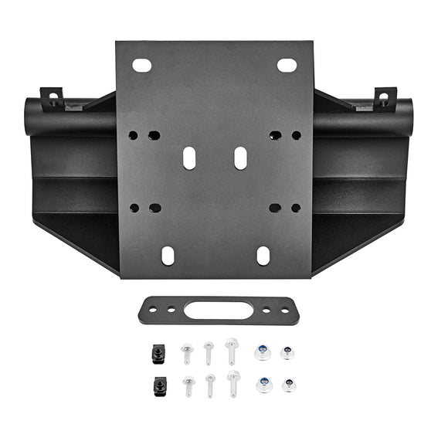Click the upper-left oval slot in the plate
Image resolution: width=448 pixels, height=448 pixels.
pos(142,66)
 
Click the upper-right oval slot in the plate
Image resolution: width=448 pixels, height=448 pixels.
pos(287,66)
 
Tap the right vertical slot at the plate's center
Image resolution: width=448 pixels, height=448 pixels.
pos(240,158)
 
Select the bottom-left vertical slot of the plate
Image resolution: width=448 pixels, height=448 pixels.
pos(168,255)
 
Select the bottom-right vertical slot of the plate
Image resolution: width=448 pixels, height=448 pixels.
pos(263,255)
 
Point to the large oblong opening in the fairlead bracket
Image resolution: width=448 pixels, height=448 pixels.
pos(219,311)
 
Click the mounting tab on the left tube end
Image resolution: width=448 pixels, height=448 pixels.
pos(52,99)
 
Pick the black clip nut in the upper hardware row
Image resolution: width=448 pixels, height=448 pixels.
pos(156,353)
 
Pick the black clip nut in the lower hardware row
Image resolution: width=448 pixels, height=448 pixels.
pos(160,384)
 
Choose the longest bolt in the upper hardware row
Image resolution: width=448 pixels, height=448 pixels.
pos(232,351)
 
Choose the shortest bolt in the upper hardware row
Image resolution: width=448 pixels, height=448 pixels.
pos(187,354)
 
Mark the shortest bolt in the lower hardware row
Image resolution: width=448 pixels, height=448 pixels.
pos(189,385)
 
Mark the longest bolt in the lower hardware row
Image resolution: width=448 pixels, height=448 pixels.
pos(233,383)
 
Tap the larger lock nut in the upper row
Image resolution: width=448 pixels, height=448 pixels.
pos(263,352)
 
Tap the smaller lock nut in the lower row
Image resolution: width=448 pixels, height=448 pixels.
pos(289,384)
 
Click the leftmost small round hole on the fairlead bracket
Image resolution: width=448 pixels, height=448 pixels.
pos(158,310)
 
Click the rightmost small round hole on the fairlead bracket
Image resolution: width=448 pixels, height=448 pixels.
pos(280,311)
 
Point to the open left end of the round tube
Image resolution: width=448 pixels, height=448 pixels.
pos(32,117)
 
